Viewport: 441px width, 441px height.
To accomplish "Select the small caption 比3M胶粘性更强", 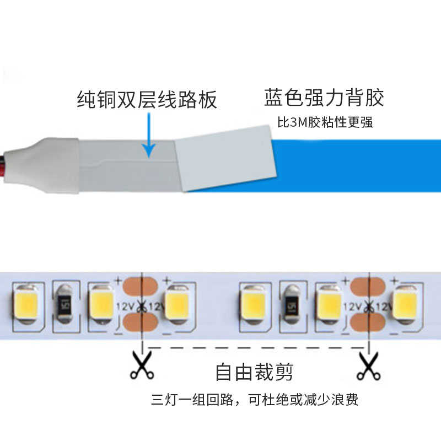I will pos(325,122).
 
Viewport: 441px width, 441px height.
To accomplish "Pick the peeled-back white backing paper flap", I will pos(226,157).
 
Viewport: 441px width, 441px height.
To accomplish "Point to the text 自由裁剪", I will pos(254,372).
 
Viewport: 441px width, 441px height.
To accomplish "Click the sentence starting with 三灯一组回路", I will pos(255,399).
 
